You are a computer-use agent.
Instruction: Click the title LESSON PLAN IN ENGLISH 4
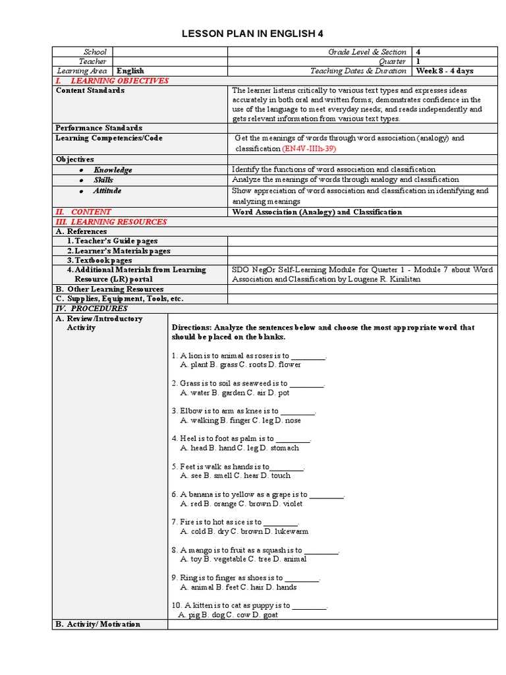pyautogui.click(x=253, y=34)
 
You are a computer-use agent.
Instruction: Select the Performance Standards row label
pyautogui.click(x=99, y=128)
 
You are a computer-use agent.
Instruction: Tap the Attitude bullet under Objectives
pyautogui.click(x=107, y=191)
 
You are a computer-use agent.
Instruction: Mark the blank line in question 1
pyautogui.click(x=308, y=356)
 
